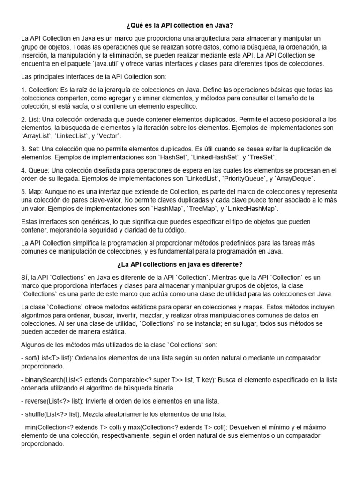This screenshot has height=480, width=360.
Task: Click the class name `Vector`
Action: click(x=109, y=136)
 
